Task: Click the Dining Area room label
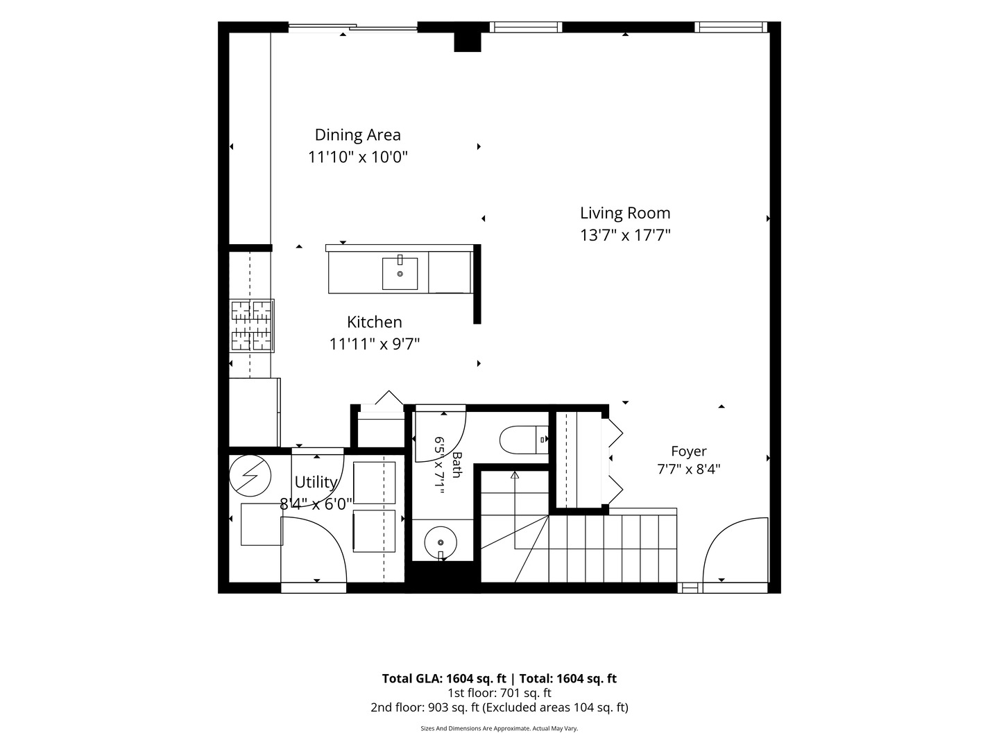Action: pos(358,135)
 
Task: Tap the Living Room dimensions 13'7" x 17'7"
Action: pos(625,235)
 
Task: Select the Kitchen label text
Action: pos(375,322)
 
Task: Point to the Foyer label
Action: pos(689,451)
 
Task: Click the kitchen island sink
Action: pos(400,273)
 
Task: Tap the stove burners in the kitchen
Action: pos(251,325)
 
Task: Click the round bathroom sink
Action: pos(441,542)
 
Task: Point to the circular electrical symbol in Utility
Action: pos(250,476)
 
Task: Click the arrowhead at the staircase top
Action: pos(515,475)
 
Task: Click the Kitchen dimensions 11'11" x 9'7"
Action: pos(374,344)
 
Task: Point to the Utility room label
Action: pos(316,482)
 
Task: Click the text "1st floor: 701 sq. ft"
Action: pos(499,693)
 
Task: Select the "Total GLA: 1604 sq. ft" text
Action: pos(444,678)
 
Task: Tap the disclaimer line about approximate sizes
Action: pos(499,728)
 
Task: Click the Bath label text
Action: pos(457,465)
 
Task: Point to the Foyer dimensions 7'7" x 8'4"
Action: pos(689,469)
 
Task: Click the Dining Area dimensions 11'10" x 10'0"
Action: pos(358,157)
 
